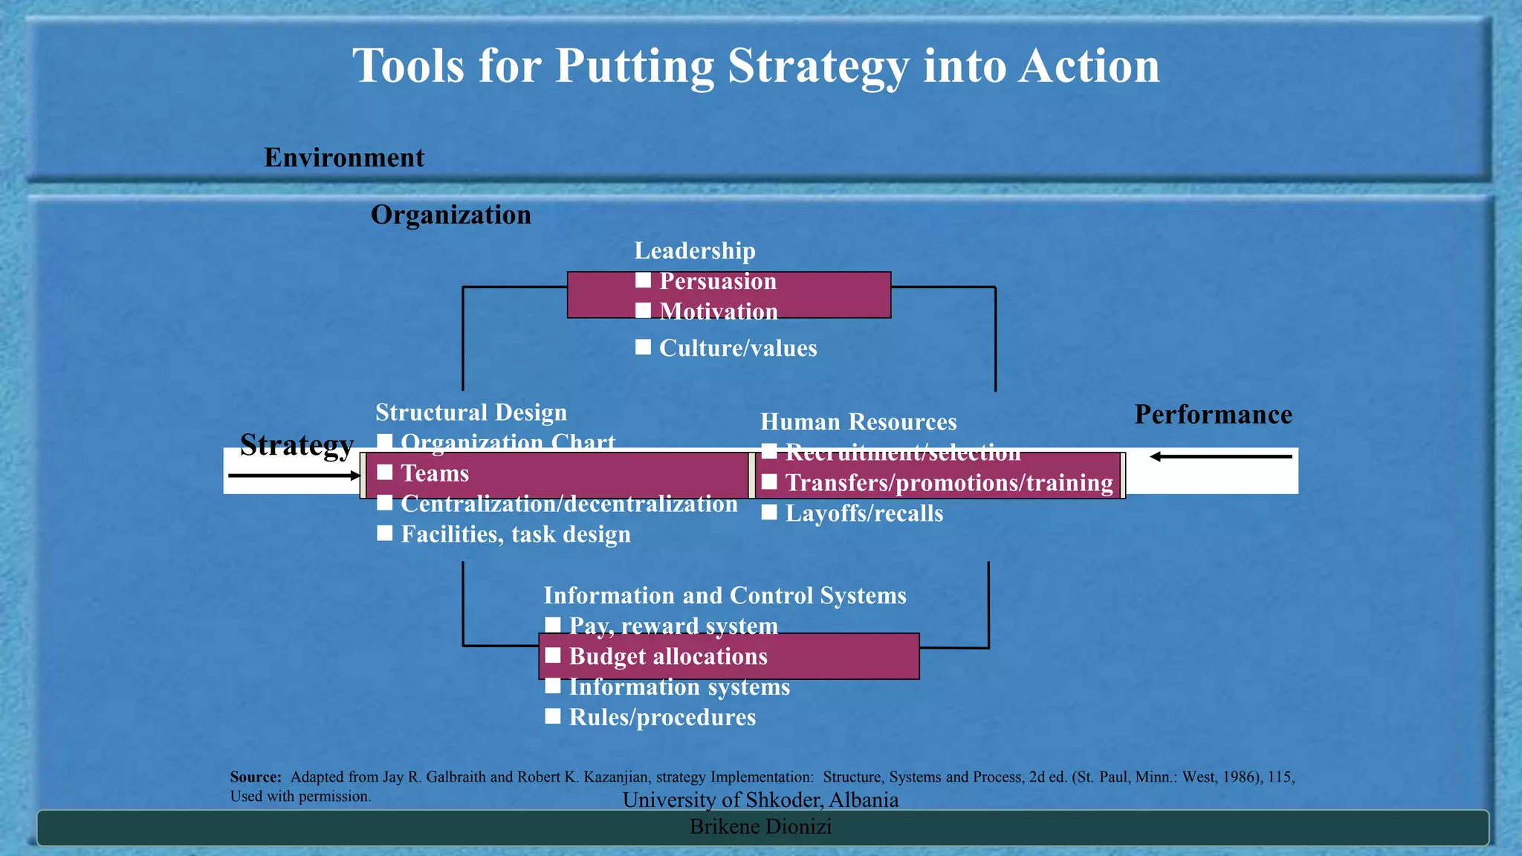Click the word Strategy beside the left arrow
tap(297, 445)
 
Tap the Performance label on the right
tap(1213, 415)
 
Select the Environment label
tap(344, 158)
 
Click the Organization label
tap(450, 215)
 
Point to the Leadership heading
tap(694, 250)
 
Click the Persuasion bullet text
tap(718, 281)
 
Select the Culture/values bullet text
tap(737, 348)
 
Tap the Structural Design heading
tap(470, 412)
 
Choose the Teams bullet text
tap(435, 473)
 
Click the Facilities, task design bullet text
tap(515, 534)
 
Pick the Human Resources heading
tap(858, 421)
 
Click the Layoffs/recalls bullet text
tap(864, 513)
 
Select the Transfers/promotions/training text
tap(948, 483)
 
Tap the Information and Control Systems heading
tap(725, 595)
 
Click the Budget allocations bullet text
tap(667, 656)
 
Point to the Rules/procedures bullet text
tap(661, 717)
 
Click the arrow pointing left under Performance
tap(1220, 456)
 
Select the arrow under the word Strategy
tap(294, 476)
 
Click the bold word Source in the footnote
tap(255, 777)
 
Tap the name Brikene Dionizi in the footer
tap(760, 826)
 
